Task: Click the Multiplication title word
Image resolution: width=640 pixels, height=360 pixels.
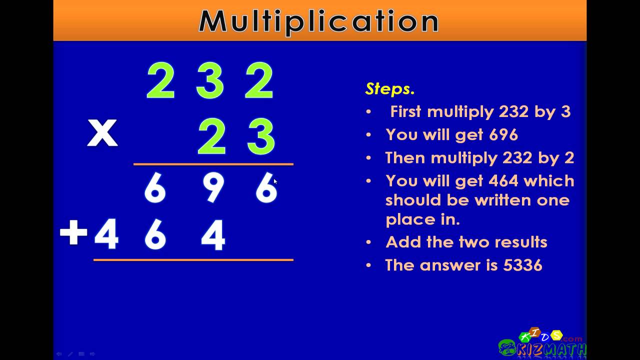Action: tap(318, 21)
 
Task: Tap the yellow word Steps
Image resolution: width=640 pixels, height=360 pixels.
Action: tap(389, 89)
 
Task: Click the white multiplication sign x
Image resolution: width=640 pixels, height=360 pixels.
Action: tap(102, 133)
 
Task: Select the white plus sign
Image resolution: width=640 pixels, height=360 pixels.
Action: tap(73, 232)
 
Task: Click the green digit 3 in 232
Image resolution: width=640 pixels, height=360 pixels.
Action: tap(209, 80)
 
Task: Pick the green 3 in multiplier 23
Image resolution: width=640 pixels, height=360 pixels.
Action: tap(261, 136)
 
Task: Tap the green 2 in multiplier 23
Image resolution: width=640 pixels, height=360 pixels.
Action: tap(211, 136)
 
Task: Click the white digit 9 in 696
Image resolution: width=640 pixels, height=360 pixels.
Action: tap(213, 187)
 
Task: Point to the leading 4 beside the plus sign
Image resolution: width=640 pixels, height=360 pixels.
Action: tap(106, 234)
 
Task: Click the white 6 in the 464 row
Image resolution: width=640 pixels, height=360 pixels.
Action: tap(155, 234)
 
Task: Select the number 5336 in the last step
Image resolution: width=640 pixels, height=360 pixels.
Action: tap(522, 265)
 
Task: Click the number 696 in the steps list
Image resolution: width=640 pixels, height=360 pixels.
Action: tap(503, 134)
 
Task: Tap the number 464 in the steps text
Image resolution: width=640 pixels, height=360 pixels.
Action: tap(503, 181)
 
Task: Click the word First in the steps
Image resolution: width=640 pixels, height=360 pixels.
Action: tap(405, 111)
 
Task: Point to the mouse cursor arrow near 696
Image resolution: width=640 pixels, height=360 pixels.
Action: tap(275, 181)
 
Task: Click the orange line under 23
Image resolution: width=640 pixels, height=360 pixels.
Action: tap(213, 164)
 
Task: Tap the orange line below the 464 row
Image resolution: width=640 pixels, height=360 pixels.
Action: tap(193, 260)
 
